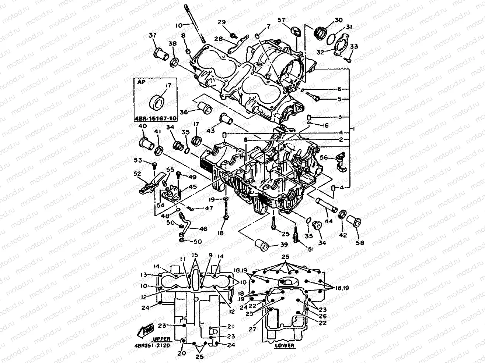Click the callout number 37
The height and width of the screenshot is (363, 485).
pos(152,35)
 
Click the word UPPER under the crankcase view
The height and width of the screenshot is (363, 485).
pos(161,338)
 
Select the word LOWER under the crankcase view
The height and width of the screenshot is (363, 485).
pos(285,345)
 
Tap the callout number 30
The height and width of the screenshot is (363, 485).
pos(338,20)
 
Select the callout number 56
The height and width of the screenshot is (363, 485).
pos(324,157)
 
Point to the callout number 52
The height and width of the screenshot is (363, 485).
pos(137,174)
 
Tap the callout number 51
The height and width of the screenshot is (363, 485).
pos(310,249)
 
